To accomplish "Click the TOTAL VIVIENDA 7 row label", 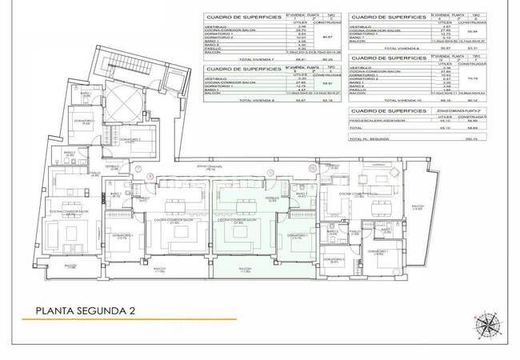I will pyautogui.click(x=232, y=58).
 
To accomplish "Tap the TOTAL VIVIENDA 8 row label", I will pyautogui.click(x=380, y=48).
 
